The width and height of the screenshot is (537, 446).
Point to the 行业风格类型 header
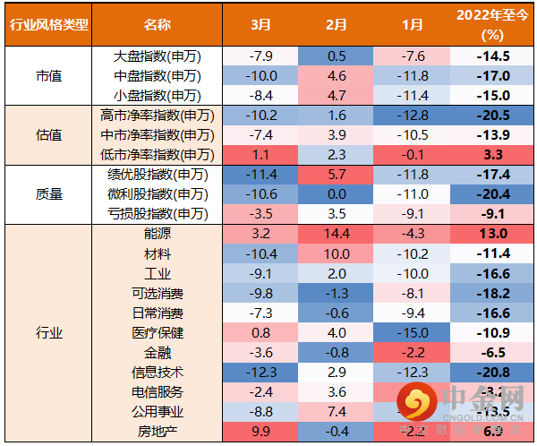click(49, 24)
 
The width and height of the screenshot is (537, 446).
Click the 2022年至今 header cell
click(491, 24)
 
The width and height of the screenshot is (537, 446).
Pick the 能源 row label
click(157, 233)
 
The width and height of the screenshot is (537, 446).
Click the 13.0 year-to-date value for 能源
click(491, 233)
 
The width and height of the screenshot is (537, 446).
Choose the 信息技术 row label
click(157, 372)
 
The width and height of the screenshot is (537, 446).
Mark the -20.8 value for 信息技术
click(491, 372)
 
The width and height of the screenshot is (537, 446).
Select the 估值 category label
click(49, 134)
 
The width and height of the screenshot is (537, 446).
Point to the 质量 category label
click(49, 193)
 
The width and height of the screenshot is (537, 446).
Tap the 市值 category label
click(49, 75)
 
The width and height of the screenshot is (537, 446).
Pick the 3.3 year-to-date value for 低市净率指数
click(491, 154)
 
